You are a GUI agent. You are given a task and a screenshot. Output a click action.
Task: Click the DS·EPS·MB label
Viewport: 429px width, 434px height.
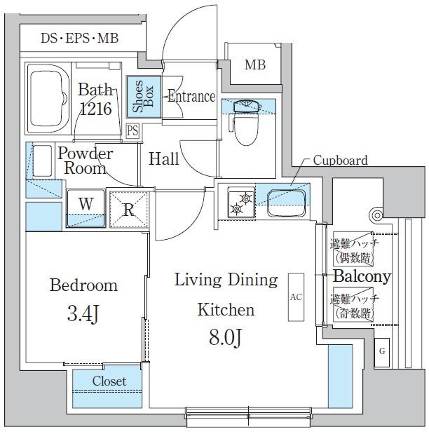(x=79, y=38)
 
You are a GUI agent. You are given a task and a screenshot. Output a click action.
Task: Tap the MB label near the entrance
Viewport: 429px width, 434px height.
(x=255, y=65)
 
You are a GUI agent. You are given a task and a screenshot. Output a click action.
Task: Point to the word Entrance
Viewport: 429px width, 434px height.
(x=191, y=97)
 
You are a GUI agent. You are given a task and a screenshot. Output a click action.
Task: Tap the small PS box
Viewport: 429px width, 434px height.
(x=132, y=130)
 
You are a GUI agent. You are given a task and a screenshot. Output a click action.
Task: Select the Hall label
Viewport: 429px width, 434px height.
(x=164, y=159)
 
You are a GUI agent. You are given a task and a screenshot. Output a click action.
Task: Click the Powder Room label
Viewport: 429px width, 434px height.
(x=85, y=161)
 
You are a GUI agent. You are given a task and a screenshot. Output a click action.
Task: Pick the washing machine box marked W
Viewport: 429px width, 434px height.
(x=86, y=205)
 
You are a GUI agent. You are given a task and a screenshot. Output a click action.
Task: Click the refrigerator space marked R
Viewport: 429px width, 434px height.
(x=129, y=209)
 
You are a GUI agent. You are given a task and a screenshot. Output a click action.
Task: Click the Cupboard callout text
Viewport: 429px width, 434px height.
(x=340, y=161)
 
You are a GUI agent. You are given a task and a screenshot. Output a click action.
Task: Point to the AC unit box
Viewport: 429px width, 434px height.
(x=295, y=297)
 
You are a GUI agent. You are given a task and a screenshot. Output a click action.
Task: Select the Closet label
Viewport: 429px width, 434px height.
(x=109, y=381)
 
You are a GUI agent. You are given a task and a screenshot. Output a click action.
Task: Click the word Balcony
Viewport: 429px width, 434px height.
(x=361, y=277)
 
